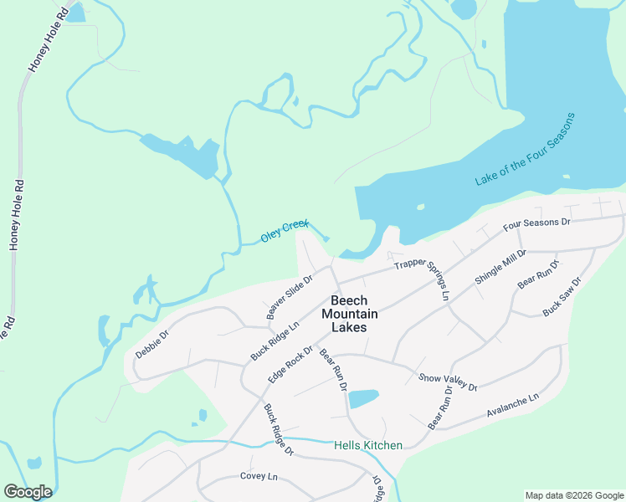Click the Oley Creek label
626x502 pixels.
[x=285, y=232]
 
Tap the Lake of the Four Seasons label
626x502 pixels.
[x=526, y=150]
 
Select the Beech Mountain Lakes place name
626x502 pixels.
[x=349, y=314]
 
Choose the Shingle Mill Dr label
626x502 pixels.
[x=500, y=268]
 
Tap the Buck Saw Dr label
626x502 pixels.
[x=562, y=298]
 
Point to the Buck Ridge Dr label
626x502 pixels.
[x=279, y=430]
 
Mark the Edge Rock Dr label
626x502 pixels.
[x=290, y=366]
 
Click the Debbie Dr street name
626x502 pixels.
[x=152, y=344]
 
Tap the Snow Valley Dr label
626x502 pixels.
[x=447, y=382]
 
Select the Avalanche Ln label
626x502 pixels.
[x=512, y=406]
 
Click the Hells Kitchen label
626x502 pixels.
[x=367, y=445]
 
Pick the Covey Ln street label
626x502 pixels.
[x=258, y=476]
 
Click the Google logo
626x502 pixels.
[x=28, y=492]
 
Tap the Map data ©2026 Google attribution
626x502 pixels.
[x=574, y=495]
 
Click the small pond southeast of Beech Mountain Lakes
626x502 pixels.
[x=363, y=398]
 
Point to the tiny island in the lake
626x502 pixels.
[x=420, y=207]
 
